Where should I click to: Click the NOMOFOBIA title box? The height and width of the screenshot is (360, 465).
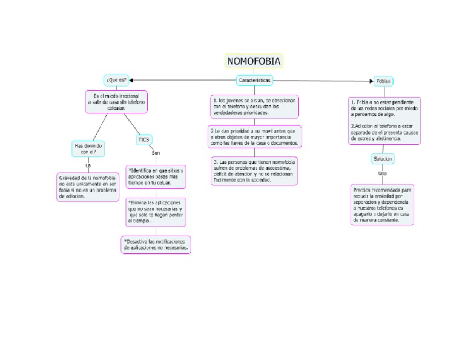pos(254,61)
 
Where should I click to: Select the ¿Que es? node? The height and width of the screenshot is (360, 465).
pos(116,80)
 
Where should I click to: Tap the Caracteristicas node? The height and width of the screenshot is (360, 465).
pos(254,80)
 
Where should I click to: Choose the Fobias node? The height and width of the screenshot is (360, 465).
pos(383,81)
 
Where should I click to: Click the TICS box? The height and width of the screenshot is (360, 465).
pos(143,139)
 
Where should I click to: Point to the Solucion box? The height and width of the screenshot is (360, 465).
pos(383,159)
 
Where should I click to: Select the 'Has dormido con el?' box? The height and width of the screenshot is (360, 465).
pos(88,148)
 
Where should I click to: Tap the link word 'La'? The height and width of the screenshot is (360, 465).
pos(88,165)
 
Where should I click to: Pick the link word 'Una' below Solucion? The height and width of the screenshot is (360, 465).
pos(382,173)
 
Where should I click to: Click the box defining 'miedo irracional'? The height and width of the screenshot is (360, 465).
pos(116,102)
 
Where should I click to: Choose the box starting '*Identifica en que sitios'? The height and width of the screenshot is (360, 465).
pos(156,176)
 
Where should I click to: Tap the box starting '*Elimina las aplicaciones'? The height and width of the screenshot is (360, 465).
pos(156,212)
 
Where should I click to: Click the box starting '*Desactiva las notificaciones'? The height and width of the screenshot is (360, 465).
pos(156,244)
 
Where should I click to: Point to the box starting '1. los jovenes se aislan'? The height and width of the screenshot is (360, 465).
pos(255,106)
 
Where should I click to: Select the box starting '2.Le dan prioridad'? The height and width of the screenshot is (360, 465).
pos(255,136)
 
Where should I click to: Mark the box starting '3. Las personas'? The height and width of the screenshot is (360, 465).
pos(255,171)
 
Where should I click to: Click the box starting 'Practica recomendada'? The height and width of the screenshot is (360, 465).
pos(383,205)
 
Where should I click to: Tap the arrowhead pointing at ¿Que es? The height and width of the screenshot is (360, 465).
pos(131,80)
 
